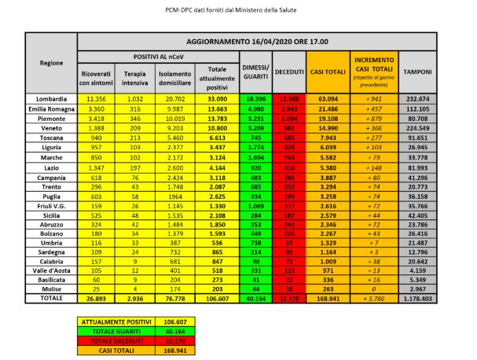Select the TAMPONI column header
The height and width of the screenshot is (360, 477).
point(416,72)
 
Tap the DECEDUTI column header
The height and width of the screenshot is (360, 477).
point(289,72)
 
